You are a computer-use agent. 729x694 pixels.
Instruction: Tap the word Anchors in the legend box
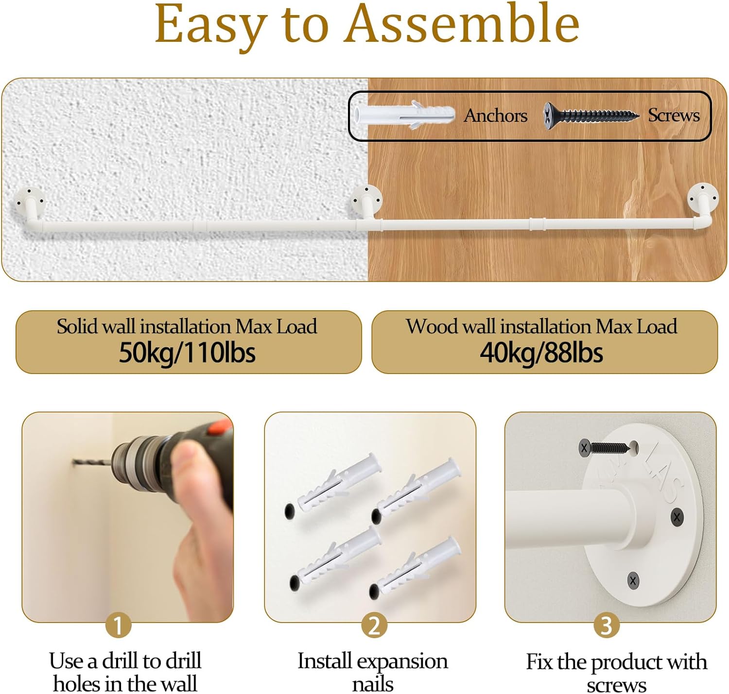pos(495,116)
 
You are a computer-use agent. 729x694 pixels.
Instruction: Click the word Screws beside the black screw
pos(674,115)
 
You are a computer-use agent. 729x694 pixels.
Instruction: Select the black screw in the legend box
pos(590,116)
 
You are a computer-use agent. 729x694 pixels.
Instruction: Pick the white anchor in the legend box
pos(404,115)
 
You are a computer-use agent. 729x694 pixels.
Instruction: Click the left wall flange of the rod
pos(30,202)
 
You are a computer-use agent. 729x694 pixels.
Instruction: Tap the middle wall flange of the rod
pos(367,200)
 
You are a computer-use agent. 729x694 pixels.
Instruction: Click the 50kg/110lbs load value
pos(187,353)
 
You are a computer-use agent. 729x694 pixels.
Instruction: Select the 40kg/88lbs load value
pos(541,353)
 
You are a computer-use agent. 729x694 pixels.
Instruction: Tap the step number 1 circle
pos(118,625)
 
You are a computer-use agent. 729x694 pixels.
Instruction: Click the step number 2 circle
pos(374,625)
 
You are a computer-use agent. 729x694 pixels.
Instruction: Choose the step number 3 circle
pos(606,625)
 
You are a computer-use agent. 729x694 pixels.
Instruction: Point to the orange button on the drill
pos(220,427)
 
